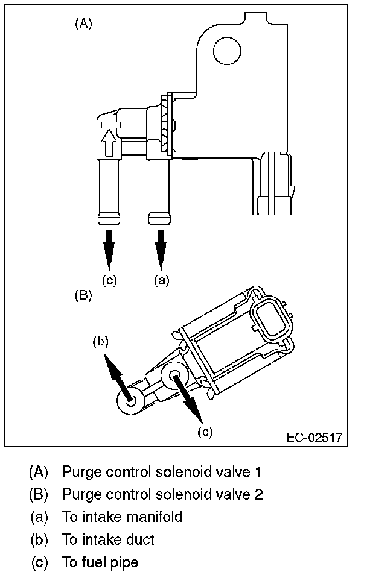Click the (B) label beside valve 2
[x=83, y=295]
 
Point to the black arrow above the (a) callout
[x=161, y=247]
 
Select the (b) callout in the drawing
[x=100, y=342]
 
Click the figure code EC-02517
[x=314, y=437]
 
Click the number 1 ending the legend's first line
[x=258, y=470]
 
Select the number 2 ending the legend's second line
[x=258, y=494]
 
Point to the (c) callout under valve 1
[x=109, y=280]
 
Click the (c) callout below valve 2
[x=206, y=432]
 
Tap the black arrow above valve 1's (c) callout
[x=109, y=247]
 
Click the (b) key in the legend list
[x=40, y=539]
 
